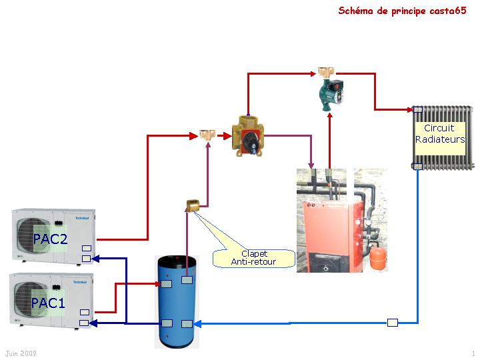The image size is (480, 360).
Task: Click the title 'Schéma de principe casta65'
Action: [402, 11]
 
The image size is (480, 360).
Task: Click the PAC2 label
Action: [51, 239]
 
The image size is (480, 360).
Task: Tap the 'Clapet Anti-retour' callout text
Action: [253, 258]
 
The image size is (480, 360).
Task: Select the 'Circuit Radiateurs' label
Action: [440, 133]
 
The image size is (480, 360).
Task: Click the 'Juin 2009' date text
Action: [21, 353]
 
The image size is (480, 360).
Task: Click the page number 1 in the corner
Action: [473, 353]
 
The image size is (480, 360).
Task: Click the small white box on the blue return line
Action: [393, 323]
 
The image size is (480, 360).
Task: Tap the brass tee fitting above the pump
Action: [326, 71]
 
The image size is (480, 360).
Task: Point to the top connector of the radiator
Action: [417, 109]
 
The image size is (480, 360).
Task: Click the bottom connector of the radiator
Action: [417, 167]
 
